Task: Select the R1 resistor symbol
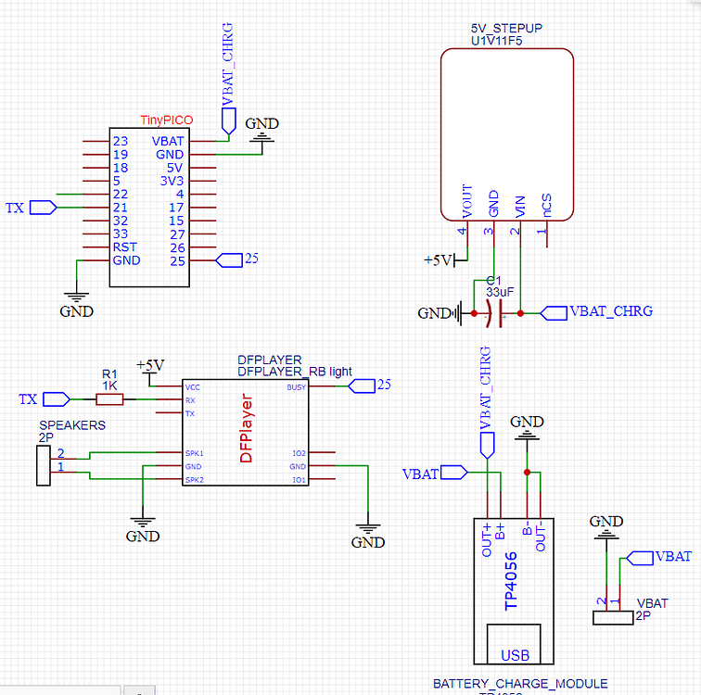tap(109, 399)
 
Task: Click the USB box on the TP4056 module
tap(516, 654)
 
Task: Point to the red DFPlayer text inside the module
tap(247, 430)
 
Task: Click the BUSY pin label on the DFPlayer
tap(296, 386)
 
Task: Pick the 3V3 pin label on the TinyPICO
tap(172, 181)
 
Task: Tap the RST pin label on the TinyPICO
tap(124, 247)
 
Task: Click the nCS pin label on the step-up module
tap(547, 205)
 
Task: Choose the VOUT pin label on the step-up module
tap(466, 201)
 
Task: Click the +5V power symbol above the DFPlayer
tap(149, 364)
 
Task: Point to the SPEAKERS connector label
tap(72, 425)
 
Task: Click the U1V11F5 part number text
tap(505, 42)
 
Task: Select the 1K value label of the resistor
tap(109, 385)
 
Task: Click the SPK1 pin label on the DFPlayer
tap(193, 453)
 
